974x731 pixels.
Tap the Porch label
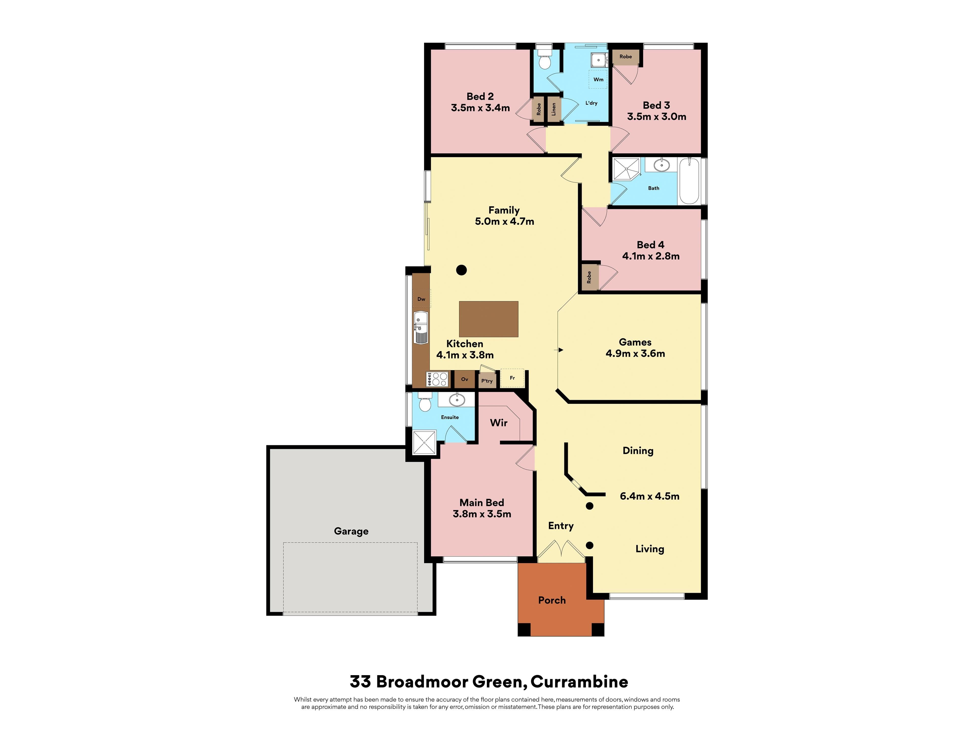[x=552, y=600]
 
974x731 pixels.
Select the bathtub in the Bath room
[x=689, y=181]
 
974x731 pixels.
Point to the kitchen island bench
[x=488, y=319]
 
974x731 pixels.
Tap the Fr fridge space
[x=512, y=378]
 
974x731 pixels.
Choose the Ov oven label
[x=464, y=379]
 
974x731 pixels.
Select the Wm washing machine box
[x=598, y=79]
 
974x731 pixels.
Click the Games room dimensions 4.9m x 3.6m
[x=635, y=353]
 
